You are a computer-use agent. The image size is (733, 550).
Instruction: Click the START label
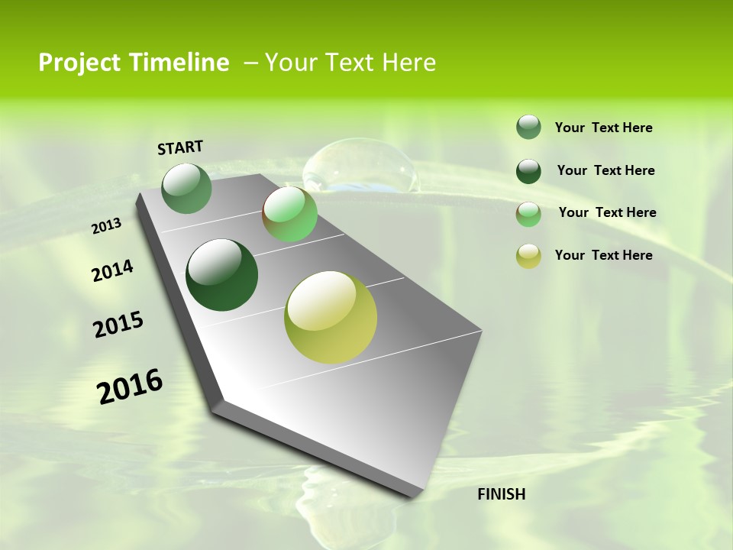[180, 147]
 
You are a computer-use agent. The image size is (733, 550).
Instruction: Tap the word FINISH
[501, 494]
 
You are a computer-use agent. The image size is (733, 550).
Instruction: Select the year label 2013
[106, 226]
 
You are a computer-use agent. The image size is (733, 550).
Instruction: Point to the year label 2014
[112, 271]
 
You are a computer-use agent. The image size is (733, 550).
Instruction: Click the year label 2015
[118, 325]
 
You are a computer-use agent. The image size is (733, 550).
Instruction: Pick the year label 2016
[130, 386]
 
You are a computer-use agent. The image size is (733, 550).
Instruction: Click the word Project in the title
[79, 63]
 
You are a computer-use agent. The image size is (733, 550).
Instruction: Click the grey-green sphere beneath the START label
[186, 188]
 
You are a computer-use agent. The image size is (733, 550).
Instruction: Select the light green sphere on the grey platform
[289, 214]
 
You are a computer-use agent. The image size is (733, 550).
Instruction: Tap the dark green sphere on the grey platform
[221, 275]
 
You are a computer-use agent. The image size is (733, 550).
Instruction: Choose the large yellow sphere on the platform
[331, 317]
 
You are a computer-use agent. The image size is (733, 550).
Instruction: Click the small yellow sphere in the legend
[528, 256]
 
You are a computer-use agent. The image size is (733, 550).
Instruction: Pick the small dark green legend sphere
[528, 171]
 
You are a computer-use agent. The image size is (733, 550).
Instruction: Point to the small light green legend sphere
[528, 214]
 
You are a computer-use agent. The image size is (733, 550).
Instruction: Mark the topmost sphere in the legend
[528, 128]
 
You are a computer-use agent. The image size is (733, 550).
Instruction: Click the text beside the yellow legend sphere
[603, 255]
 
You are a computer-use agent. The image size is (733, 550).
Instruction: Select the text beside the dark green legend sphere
[605, 170]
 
